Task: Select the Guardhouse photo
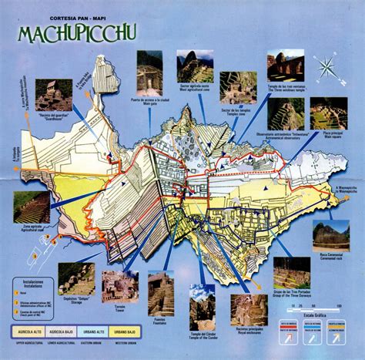point(54,95)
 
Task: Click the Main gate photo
point(149,73)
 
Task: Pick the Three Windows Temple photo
point(285,66)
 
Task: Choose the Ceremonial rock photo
point(330,237)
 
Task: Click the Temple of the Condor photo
point(203,302)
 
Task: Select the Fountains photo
point(162,293)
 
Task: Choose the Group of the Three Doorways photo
point(292,272)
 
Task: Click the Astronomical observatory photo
point(286,113)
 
